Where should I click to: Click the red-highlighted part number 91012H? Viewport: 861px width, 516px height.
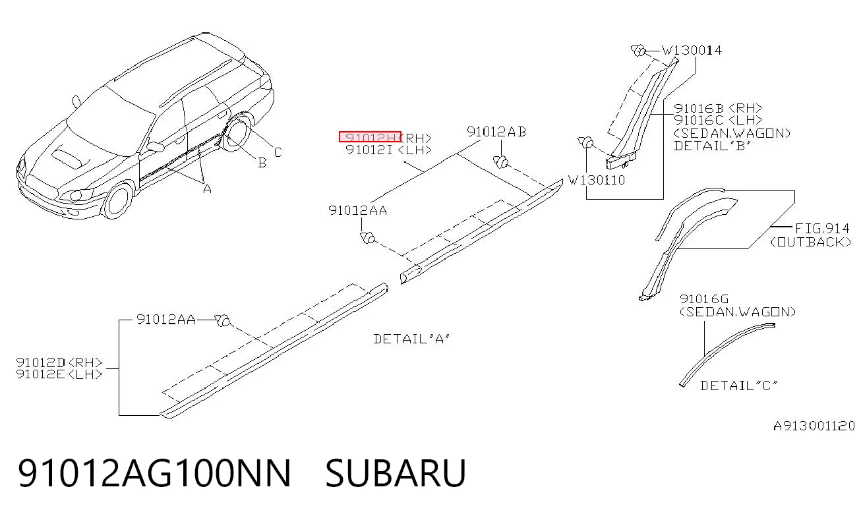tap(370, 137)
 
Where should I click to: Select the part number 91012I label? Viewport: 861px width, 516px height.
tap(369, 150)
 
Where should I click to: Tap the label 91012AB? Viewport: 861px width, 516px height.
tap(496, 132)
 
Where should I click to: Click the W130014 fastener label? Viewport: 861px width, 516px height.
tap(692, 50)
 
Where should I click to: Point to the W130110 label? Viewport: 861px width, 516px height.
tap(597, 180)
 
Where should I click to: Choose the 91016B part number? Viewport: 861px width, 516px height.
tap(698, 108)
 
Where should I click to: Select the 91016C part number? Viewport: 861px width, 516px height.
tap(698, 120)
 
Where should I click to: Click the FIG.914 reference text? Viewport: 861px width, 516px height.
tap(822, 229)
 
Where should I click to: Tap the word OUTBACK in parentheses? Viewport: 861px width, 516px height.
tap(811, 242)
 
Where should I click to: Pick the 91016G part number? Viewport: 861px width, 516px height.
tap(704, 299)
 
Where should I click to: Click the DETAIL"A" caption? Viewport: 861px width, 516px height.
tap(411, 339)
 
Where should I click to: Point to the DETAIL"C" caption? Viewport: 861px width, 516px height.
tap(739, 386)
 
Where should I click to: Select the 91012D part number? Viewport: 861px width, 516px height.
tap(41, 362)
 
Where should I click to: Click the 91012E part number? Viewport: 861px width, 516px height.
tap(41, 374)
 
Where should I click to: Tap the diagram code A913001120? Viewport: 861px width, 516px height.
tap(814, 426)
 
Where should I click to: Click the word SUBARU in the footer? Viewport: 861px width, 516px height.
tap(396, 473)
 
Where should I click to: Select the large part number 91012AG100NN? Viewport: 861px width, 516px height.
tap(154, 473)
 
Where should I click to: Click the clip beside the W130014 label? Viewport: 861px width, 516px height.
tap(638, 50)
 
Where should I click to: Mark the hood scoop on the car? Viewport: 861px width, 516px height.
tap(68, 158)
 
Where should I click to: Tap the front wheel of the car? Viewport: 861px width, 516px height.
tap(117, 201)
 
